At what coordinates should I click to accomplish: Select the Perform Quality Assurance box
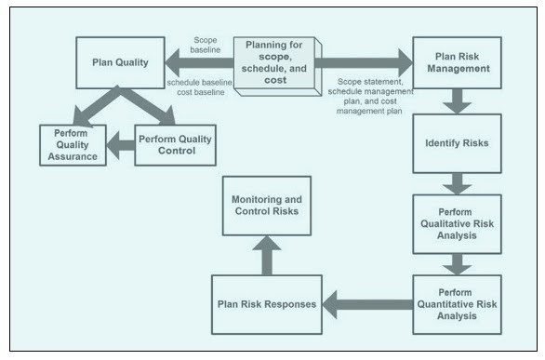click(x=73, y=144)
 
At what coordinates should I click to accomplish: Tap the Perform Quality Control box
click(x=175, y=144)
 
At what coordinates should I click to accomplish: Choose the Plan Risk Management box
click(x=456, y=63)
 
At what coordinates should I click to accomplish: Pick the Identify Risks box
click(x=456, y=144)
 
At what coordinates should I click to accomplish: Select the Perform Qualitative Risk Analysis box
click(x=456, y=223)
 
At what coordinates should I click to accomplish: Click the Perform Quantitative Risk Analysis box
click(x=456, y=302)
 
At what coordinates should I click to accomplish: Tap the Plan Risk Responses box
click(x=267, y=304)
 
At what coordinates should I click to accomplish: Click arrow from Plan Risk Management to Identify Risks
click(x=457, y=101)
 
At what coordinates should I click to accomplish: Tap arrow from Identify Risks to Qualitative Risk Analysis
click(x=457, y=182)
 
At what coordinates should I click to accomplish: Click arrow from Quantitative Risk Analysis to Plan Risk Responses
click(x=367, y=303)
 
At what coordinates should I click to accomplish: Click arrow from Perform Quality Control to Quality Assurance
click(x=120, y=144)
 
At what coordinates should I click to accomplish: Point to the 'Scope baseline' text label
click(x=206, y=46)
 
